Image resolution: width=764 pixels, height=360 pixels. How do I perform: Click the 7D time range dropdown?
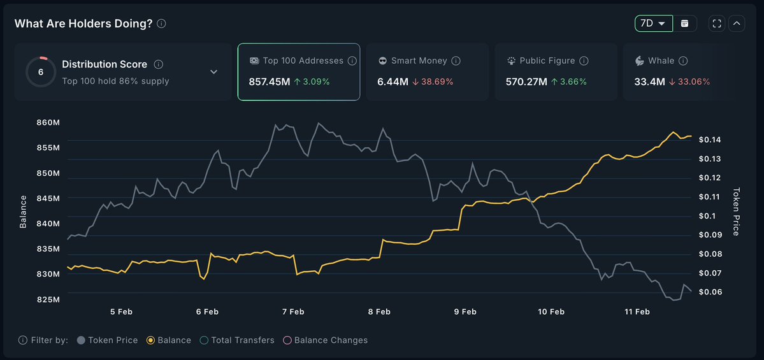tap(653, 24)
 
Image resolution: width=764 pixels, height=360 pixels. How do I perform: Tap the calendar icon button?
tap(685, 24)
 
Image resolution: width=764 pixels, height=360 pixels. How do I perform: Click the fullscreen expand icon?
tap(717, 24)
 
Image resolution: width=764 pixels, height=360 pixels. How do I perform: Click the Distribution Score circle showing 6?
tap(41, 72)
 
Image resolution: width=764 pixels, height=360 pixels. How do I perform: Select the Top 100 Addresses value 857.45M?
tap(268, 82)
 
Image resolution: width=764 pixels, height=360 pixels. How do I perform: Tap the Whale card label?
tap(661, 61)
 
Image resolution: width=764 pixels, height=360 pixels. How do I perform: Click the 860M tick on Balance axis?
tap(48, 122)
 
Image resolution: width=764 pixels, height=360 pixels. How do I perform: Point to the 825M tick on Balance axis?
tap(48, 299)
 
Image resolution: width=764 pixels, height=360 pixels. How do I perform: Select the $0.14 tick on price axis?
tap(709, 140)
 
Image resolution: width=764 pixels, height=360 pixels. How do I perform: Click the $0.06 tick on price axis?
tap(709, 292)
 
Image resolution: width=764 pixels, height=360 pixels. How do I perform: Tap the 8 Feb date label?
tap(379, 312)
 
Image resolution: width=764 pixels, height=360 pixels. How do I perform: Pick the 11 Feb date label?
tap(637, 312)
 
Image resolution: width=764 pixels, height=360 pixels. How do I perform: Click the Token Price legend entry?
tap(107, 340)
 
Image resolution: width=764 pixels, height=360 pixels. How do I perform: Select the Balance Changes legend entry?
tap(325, 340)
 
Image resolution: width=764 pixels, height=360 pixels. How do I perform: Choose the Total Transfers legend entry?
tap(237, 340)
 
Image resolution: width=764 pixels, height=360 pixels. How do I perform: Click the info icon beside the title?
tap(161, 24)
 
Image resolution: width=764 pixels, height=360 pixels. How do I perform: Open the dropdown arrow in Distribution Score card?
tap(214, 72)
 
